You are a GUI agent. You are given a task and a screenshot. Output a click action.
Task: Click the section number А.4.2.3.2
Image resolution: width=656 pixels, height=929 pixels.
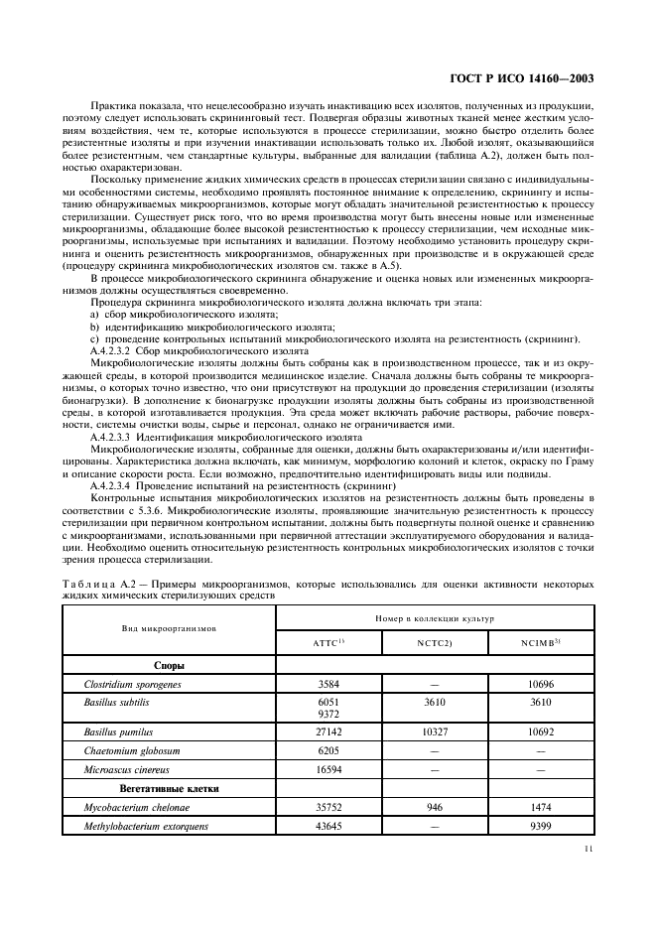(118, 351)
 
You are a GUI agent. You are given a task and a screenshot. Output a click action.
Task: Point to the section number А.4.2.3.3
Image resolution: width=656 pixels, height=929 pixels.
(118, 437)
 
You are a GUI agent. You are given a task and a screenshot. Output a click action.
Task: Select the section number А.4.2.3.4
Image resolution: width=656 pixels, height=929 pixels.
(118, 485)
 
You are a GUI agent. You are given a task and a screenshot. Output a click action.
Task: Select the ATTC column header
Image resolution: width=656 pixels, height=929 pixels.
(328, 642)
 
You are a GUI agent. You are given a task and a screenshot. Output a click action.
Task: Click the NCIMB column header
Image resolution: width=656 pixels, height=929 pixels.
(542, 642)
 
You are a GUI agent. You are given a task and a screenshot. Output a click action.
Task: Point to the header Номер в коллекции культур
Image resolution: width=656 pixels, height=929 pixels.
(435, 617)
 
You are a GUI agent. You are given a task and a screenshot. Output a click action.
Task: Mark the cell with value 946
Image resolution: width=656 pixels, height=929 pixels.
(435, 807)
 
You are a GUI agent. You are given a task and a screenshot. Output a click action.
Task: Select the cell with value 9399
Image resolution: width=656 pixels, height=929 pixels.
(542, 825)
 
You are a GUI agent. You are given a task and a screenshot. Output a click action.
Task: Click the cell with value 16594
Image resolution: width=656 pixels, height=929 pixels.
(328, 769)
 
